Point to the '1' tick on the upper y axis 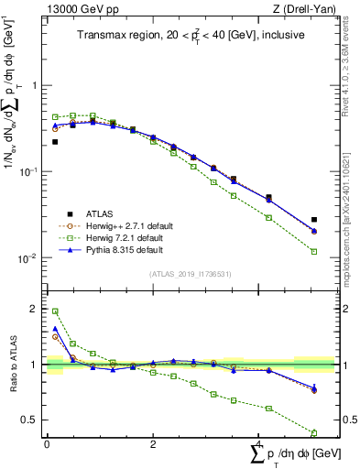click(x=35, y=85)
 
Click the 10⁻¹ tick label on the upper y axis click(x=29, y=172)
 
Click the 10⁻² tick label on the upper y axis click(x=29, y=259)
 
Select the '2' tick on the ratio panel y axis click(x=35, y=310)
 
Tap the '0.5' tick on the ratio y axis click(x=30, y=420)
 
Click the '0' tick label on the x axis click(x=47, y=444)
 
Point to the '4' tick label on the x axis click(x=260, y=444)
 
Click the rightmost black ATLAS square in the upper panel click(x=314, y=220)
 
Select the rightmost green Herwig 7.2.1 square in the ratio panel click(x=314, y=432)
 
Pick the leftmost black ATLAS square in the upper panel click(x=55, y=142)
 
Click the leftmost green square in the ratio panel click(x=55, y=311)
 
